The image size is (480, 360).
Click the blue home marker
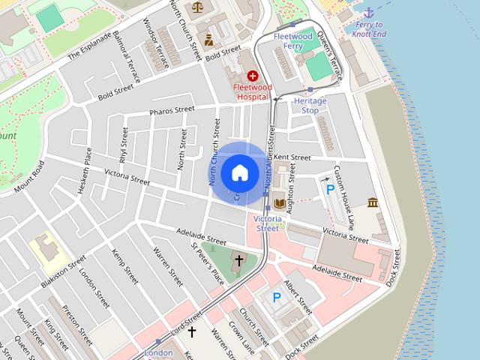click(239, 172)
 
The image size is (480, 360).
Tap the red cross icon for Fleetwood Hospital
click(253, 76)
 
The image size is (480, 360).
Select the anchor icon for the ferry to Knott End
click(368, 12)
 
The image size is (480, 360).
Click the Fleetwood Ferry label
click(292, 40)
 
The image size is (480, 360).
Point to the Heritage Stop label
click(310, 105)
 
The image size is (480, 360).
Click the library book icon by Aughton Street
click(279, 202)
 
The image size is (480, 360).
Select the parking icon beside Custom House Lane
click(330, 190)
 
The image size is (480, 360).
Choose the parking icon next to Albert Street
click(277, 298)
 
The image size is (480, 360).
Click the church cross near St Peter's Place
click(239, 260)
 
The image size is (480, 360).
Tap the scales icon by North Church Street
click(197, 7)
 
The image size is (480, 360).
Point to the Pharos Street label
click(172, 111)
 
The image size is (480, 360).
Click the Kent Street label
click(292, 157)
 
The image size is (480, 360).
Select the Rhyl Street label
click(124, 145)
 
